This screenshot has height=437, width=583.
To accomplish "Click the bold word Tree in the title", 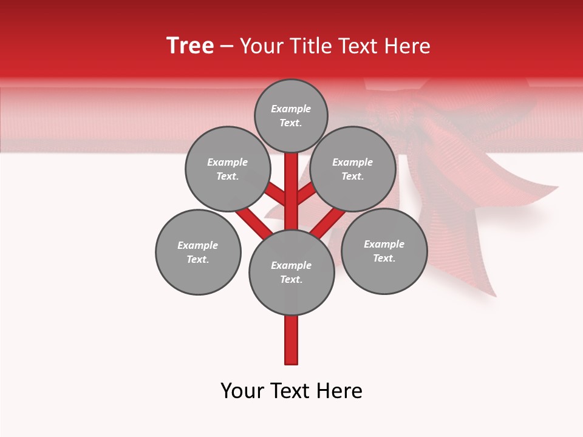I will [x=190, y=46].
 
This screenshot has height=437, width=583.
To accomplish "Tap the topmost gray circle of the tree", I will [x=291, y=115].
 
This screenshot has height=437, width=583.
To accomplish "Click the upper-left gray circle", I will [x=227, y=169].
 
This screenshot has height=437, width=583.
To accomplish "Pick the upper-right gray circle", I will [x=352, y=169].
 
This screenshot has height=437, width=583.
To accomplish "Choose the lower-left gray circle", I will [x=198, y=252].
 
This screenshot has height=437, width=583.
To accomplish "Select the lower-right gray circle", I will [x=384, y=251].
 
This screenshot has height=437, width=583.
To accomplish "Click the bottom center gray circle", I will [x=291, y=272].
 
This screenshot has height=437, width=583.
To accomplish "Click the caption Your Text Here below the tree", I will [x=291, y=391].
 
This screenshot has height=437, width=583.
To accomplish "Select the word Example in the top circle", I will [x=291, y=109].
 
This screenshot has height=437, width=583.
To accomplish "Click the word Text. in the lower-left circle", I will [x=198, y=260].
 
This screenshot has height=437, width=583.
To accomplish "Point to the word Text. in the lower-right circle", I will [x=384, y=259].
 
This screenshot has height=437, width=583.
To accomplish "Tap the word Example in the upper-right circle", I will [x=352, y=162].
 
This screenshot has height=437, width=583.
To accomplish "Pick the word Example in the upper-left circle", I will [x=227, y=162].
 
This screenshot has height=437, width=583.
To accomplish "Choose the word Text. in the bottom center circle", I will [x=291, y=280].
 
